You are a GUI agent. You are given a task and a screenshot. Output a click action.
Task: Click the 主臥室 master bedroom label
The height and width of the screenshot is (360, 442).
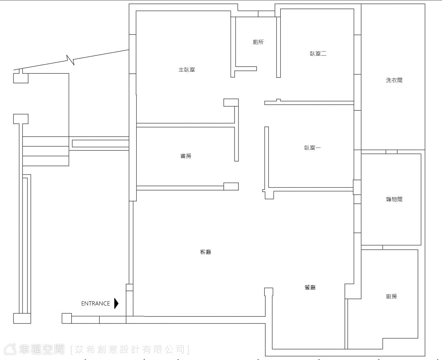(x=187, y=69)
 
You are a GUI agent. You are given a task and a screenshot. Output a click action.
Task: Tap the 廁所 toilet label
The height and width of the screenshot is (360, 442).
(x=258, y=42)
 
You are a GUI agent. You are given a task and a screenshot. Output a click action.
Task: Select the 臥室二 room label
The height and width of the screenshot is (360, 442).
(x=318, y=53)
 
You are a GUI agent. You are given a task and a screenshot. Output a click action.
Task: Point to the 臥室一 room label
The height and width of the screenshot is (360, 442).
(x=312, y=148)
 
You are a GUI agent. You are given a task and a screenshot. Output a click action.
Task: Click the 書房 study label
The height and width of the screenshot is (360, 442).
(x=186, y=156)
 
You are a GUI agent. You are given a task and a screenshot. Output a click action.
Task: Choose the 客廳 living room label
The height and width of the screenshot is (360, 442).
(x=205, y=252)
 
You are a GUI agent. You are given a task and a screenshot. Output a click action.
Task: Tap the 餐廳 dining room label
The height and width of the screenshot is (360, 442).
(x=310, y=287)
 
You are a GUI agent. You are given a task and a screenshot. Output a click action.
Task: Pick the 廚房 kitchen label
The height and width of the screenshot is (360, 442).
(x=391, y=296)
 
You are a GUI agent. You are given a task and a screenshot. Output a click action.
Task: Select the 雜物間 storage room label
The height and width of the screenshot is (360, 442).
(x=394, y=199)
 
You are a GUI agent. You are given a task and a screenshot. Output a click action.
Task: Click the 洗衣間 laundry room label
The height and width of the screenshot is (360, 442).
(x=394, y=80)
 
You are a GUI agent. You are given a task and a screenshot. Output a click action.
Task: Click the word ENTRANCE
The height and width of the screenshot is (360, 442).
(x=96, y=304)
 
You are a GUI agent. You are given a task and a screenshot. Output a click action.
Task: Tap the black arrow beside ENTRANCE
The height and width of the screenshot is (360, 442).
(x=116, y=303)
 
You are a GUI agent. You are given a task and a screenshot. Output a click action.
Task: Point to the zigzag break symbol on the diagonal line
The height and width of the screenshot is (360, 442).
(x=71, y=60)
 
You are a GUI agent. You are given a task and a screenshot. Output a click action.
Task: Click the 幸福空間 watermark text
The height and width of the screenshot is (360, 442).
(x=42, y=349)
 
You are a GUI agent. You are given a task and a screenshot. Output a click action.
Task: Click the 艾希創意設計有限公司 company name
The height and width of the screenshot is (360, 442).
(x=130, y=350)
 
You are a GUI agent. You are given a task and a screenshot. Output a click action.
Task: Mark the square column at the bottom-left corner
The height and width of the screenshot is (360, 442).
(x=22, y=318)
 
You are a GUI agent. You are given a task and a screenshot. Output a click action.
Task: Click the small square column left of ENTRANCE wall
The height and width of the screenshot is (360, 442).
(x=67, y=318)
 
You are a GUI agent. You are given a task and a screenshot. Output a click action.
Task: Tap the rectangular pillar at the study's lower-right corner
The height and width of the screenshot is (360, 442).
(x=231, y=186)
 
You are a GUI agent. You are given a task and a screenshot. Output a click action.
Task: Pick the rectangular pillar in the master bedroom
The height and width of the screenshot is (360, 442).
(x=231, y=103)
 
